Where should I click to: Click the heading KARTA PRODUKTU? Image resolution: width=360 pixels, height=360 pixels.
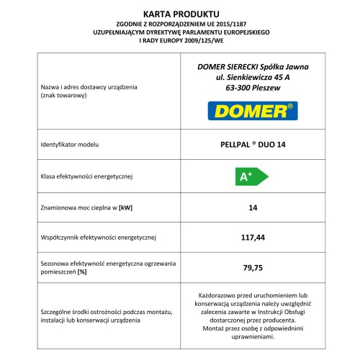(179, 12)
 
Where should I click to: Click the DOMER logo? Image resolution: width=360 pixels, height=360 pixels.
(251, 111)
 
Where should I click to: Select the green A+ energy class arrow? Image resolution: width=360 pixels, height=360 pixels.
(252, 175)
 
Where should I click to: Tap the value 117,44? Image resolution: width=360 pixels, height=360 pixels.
(252, 236)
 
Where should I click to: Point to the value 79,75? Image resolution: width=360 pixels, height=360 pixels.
(252, 267)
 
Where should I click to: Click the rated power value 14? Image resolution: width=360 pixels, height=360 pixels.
(252, 207)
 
